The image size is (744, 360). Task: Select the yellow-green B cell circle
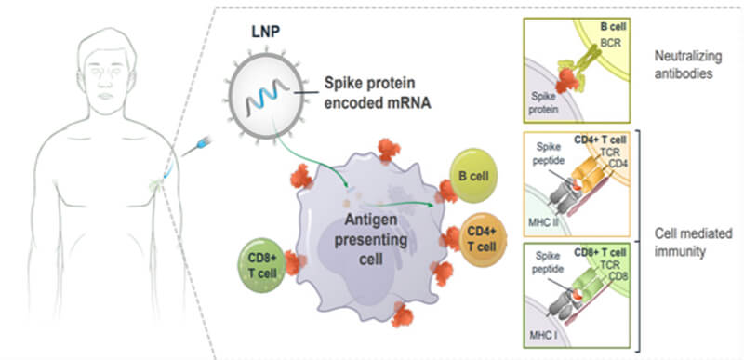tap(472, 176)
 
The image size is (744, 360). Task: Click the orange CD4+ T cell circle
tap(483, 239)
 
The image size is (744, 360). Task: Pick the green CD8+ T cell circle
tap(262, 265)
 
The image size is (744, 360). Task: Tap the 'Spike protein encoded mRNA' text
tap(378, 93)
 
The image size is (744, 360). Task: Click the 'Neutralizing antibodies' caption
tap(688, 65)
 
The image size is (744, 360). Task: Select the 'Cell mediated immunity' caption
tap(690, 243)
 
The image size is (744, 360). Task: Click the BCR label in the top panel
tap(610, 44)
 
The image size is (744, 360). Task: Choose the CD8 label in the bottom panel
tap(618, 275)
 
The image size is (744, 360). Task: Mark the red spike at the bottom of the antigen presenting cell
tap(403, 316)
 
